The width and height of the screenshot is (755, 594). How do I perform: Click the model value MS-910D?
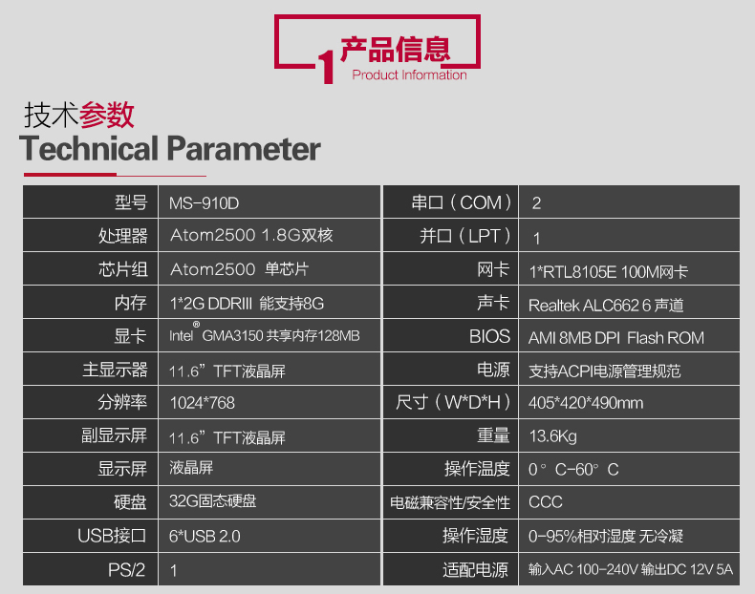coord(204,203)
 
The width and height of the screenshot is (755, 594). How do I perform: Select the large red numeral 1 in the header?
coord(326,67)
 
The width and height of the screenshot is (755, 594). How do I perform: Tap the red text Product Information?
coord(409,75)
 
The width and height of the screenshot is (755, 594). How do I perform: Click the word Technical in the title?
coord(89,148)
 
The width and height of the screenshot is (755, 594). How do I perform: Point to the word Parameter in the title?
coord(244,148)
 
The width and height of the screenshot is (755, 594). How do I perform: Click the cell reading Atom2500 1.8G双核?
coord(251,235)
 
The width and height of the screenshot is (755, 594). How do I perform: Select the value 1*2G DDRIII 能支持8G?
coord(247,304)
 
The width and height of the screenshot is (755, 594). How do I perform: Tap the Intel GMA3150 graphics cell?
coord(265,335)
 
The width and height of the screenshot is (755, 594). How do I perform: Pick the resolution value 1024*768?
coord(203,403)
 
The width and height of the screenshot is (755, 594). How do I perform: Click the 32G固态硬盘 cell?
coord(213,501)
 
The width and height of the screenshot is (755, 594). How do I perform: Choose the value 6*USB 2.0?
coord(205,537)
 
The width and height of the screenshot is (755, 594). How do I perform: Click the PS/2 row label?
coord(126,570)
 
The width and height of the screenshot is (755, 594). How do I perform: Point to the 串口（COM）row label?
coord(462,202)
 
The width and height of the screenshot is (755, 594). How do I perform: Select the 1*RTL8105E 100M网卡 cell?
coord(609,272)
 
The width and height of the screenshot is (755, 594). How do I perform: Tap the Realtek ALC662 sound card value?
coord(606,306)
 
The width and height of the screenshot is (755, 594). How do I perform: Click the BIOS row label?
coord(489,336)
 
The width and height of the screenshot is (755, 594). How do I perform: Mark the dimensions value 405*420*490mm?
coord(586,403)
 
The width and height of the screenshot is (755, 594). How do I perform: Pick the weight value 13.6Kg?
coord(552,436)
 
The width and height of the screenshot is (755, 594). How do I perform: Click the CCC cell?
coord(546,502)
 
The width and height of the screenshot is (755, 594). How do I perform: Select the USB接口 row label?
coord(112,536)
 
